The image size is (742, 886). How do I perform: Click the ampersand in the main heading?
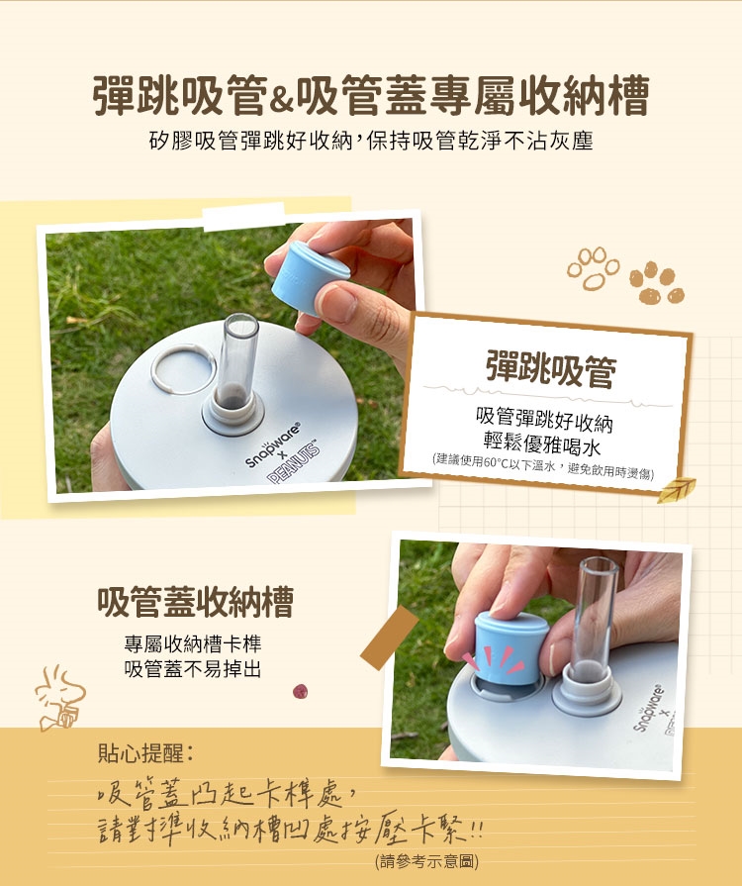point(281,101)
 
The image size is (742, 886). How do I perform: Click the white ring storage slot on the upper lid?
point(183,369)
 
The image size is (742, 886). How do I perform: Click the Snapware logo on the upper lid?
point(272,445)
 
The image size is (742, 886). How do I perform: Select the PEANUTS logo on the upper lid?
point(294,462)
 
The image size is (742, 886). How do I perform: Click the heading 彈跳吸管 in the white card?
point(551,370)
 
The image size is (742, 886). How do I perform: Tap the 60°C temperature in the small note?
point(498,462)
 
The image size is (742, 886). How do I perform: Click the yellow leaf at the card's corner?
point(676,489)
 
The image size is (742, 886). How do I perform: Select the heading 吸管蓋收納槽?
point(195,602)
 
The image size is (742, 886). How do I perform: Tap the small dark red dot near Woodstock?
point(301,691)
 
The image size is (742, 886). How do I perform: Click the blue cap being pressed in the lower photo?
point(511,647)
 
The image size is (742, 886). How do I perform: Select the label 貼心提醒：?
point(145,753)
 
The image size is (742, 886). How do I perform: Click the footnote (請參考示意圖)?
point(426,861)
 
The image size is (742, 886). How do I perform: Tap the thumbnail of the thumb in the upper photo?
point(336,304)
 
